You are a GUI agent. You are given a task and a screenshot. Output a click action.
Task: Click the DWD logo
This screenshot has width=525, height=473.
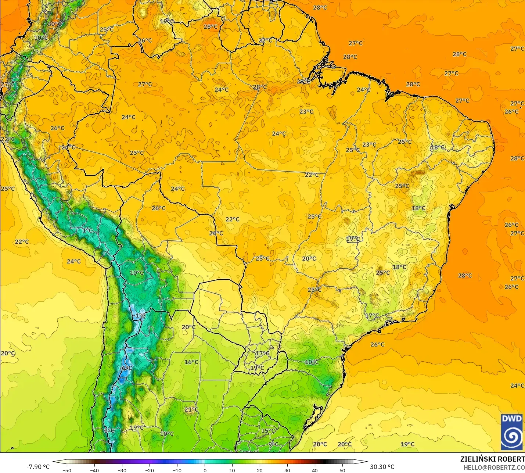[x=512, y=432]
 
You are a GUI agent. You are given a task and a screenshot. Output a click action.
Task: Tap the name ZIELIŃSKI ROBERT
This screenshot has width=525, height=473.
[x=492, y=459]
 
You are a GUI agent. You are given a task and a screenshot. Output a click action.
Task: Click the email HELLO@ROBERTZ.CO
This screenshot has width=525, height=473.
[x=494, y=467]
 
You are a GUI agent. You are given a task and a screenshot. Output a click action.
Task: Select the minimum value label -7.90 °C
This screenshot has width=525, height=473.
[x=38, y=467]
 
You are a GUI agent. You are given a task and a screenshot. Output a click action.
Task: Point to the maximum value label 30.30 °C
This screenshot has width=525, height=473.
[x=382, y=467]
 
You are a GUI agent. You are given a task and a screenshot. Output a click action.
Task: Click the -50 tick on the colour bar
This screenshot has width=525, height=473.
[x=67, y=470]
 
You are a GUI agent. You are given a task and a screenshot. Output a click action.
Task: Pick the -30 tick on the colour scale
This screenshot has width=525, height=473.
[x=122, y=470]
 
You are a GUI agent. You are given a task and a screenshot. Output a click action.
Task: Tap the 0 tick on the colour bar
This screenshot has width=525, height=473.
[x=205, y=470]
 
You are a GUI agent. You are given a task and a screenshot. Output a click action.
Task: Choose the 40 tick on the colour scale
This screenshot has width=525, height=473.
[x=315, y=470]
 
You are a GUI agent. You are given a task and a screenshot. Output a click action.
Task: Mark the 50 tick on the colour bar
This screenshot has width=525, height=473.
[x=342, y=470]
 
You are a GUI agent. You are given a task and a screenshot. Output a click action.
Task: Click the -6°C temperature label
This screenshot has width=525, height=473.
[x=126, y=368]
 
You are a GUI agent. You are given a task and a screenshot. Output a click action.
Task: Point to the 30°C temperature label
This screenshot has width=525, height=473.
[x=54, y=24]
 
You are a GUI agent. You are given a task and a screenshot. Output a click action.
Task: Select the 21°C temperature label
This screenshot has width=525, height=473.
[x=191, y=409]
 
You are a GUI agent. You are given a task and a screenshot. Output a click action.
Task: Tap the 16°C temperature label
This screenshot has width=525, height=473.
[x=191, y=362]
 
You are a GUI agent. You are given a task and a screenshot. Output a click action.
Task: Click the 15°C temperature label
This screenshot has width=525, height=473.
[x=268, y=431]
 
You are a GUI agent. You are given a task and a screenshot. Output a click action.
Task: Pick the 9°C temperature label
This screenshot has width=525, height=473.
[x=273, y=444]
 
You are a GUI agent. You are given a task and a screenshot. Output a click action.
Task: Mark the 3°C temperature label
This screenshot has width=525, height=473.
[x=109, y=430]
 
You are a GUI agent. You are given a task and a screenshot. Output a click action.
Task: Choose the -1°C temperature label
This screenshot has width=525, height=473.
[x=139, y=315]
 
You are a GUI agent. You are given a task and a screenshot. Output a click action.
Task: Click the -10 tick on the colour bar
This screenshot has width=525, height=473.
[x=177, y=470]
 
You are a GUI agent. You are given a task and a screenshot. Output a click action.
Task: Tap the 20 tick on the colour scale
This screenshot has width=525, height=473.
[x=260, y=470]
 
